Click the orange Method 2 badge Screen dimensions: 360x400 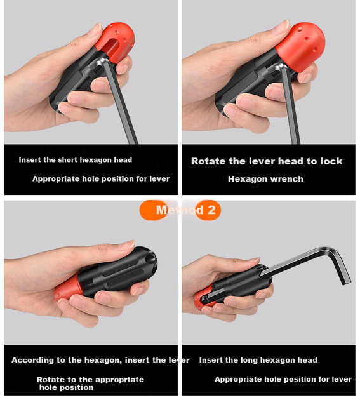tap(180, 210)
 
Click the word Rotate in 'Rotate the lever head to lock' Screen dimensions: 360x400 tap(208, 161)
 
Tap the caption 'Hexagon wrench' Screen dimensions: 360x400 tap(265, 179)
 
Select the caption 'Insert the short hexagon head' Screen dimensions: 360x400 tap(76, 160)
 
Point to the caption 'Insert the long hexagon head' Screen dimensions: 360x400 tap(258, 360)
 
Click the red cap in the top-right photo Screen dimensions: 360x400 tap(300, 46)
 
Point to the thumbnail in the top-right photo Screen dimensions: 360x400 tap(281, 28)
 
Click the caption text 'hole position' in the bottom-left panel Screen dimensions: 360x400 tap(66, 387)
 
